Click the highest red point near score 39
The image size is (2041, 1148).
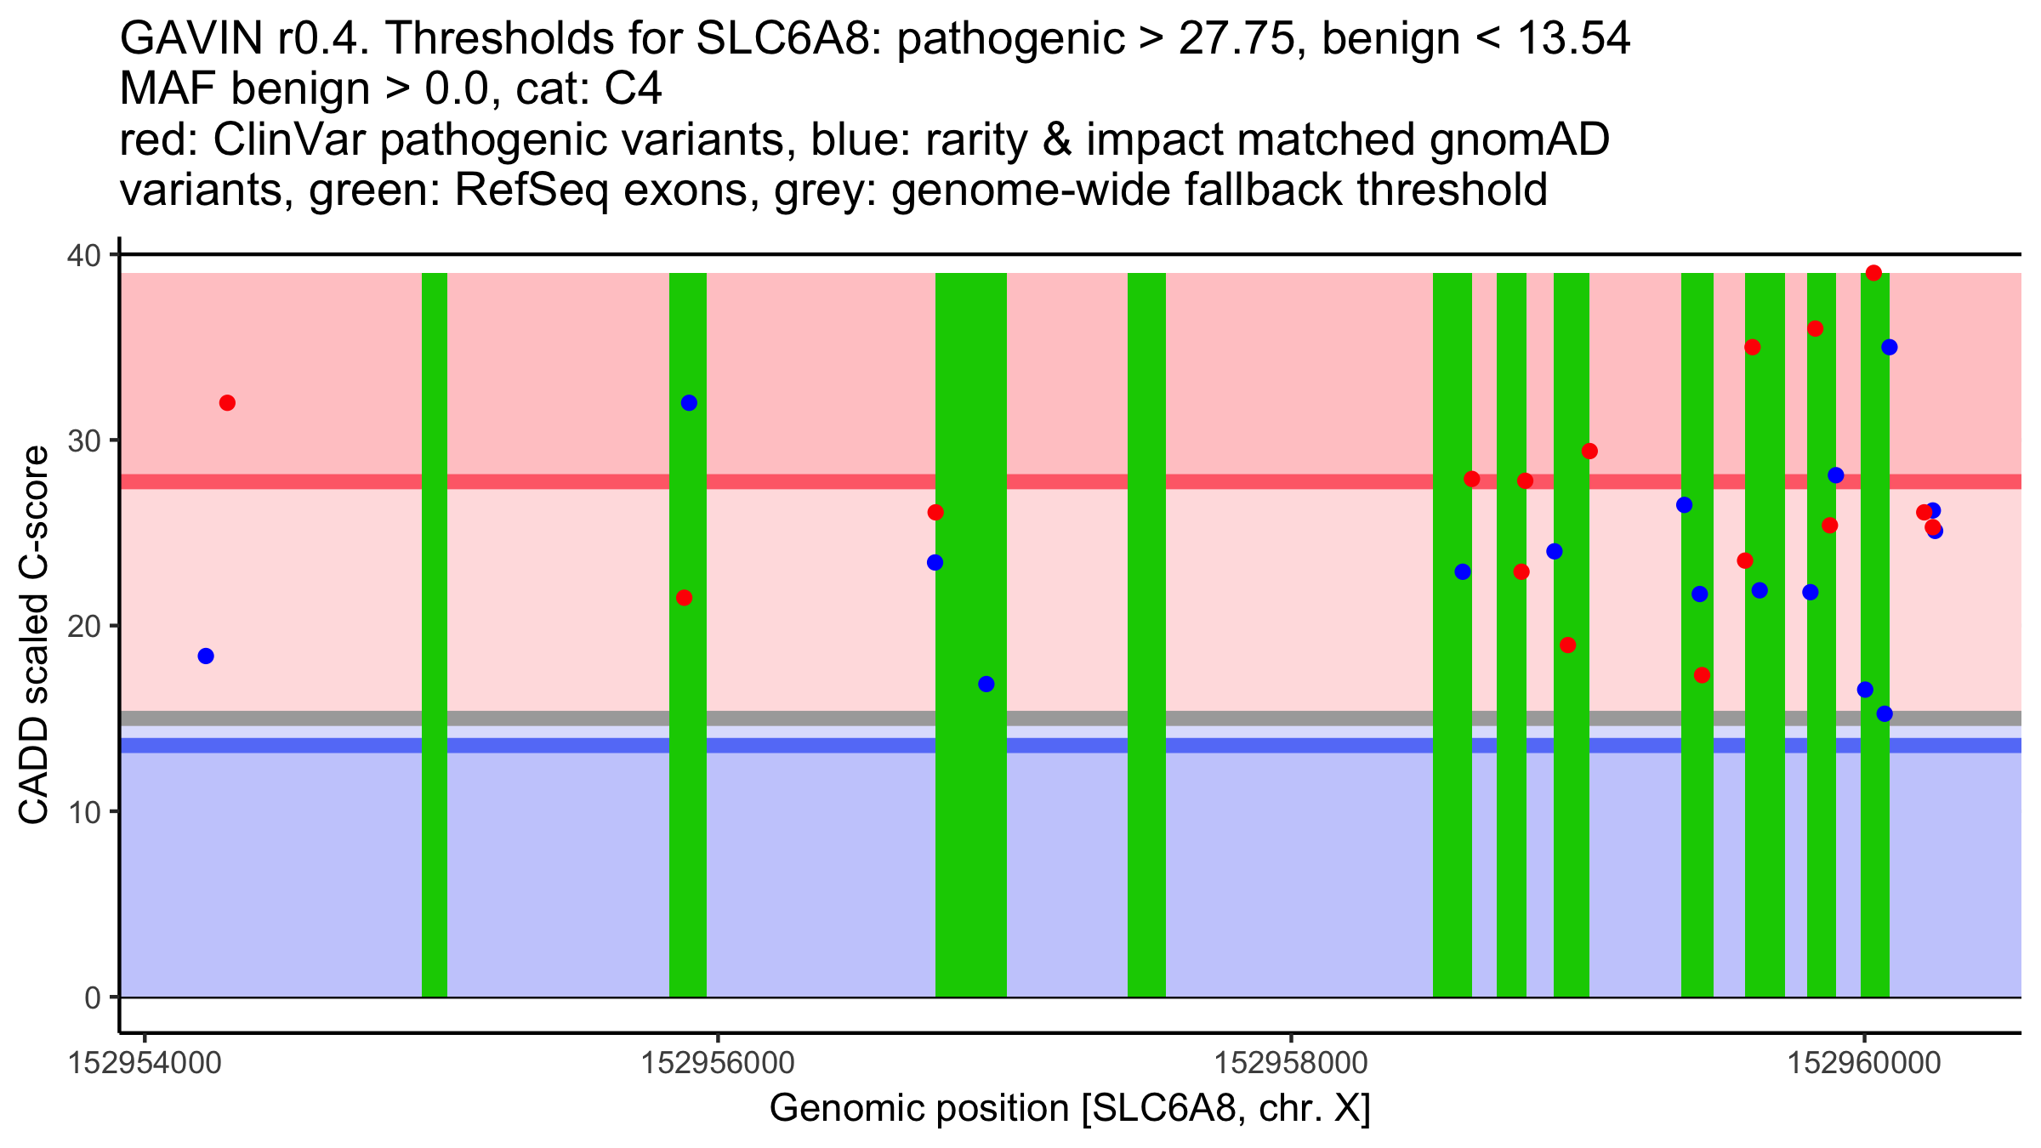1873,273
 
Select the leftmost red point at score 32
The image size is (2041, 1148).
227,403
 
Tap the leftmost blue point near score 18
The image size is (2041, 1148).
206,656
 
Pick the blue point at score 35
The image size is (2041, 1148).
1890,347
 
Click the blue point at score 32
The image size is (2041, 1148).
689,403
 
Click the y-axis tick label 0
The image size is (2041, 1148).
92,997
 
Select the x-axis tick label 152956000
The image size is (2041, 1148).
718,1063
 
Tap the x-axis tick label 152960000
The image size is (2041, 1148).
1865,1063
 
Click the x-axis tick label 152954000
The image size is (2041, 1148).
145,1063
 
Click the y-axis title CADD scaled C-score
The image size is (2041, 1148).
34,636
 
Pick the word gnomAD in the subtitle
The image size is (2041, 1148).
1520,140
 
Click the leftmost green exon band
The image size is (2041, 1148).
435,634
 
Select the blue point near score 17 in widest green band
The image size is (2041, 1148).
986,684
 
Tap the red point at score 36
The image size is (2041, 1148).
1815,329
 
